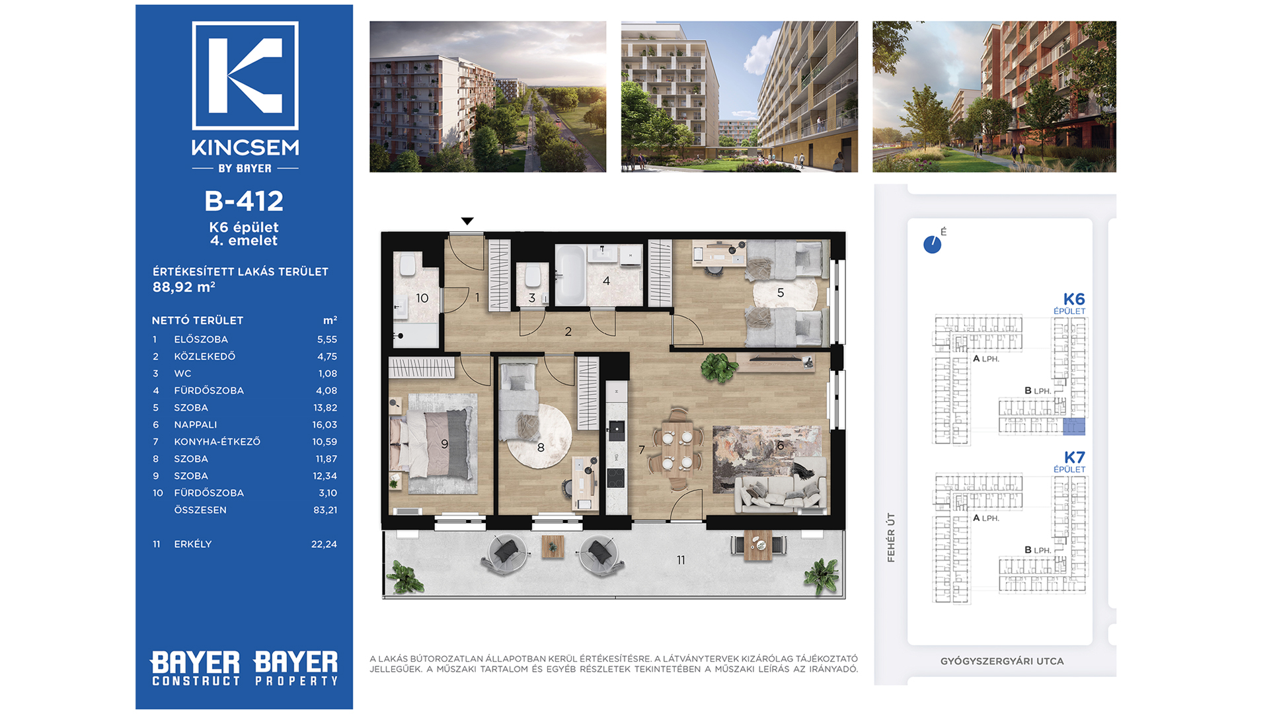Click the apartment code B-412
pyautogui.click(x=244, y=201)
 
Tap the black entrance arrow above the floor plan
pyautogui.click(x=467, y=221)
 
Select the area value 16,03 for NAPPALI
pyautogui.click(x=325, y=424)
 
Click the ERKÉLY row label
pyautogui.click(x=192, y=544)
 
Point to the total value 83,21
pyautogui.click(x=325, y=510)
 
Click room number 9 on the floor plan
pyautogui.click(x=445, y=444)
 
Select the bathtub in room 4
pyautogui.click(x=570, y=275)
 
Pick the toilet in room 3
pyautogui.click(x=533, y=276)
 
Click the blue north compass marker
pyautogui.click(x=932, y=245)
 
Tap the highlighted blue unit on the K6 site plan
pyautogui.click(x=1073, y=426)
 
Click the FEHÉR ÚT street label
pyautogui.click(x=891, y=537)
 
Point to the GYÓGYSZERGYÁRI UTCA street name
pyautogui.click(x=1002, y=661)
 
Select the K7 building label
pyautogui.click(x=1074, y=457)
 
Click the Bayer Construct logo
pyautogui.click(x=196, y=668)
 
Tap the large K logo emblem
pyautogui.click(x=245, y=75)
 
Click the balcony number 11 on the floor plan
pyautogui.click(x=681, y=560)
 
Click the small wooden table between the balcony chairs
pyautogui.click(x=553, y=547)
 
